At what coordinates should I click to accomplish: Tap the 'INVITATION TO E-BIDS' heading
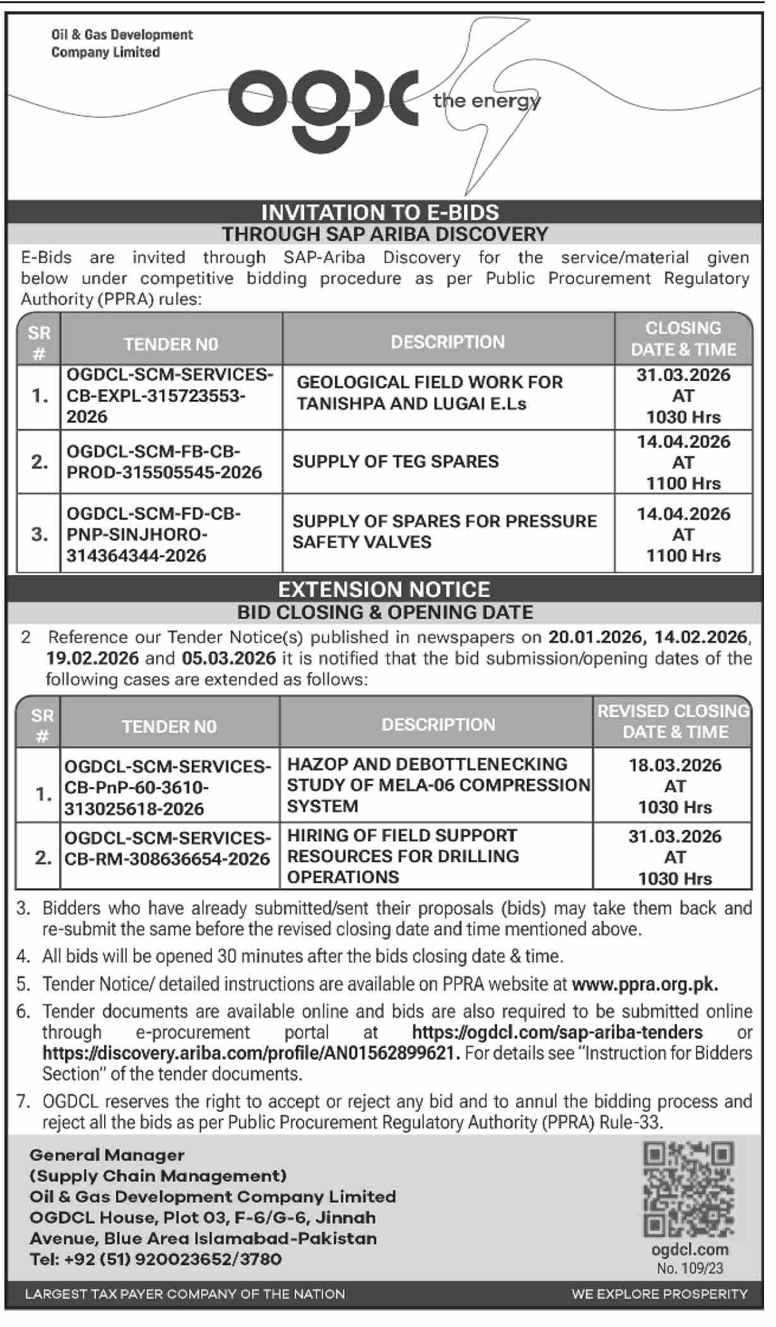pyautogui.click(x=380, y=213)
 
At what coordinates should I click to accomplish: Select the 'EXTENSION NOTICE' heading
pyautogui.click(x=384, y=590)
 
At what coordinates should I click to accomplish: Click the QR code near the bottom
pyautogui.click(x=688, y=1190)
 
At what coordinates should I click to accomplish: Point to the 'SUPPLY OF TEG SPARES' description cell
pyautogui.click(x=396, y=462)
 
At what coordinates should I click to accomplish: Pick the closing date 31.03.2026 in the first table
pyautogui.click(x=683, y=375)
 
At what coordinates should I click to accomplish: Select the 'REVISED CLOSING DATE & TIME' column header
pyautogui.click(x=673, y=722)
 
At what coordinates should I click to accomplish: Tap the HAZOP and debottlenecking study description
pyautogui.click(x=438, y=785)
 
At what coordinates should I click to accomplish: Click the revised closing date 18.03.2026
pyautogui.click(x=674, y=766)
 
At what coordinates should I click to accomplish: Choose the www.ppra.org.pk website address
pyautogui.click(x=645, y=985)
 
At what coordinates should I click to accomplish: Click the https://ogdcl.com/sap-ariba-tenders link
pyautogui.click(x=557, y=1032)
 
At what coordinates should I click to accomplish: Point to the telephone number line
pyautogui.click(x=156, y=1259)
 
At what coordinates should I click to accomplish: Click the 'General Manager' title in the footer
pyautogui.click(x=107, y=1155)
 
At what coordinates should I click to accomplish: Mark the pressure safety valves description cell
pyautogui.click(x=444, y=532)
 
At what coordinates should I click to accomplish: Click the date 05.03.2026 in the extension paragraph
pyautogui.click(x=229, y=658)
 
